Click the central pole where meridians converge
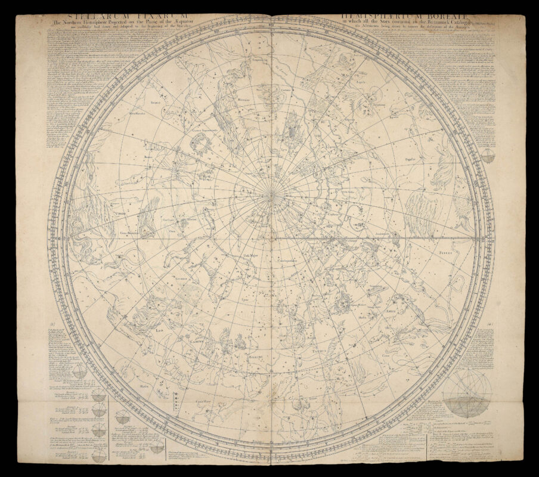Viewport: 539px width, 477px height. [x=269, y=194]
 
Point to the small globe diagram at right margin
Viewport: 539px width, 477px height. [x=487, y=156]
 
